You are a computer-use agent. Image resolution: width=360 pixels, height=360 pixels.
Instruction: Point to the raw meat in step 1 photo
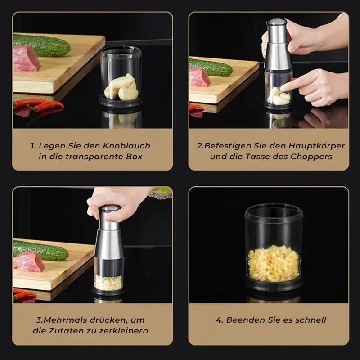point(26,59)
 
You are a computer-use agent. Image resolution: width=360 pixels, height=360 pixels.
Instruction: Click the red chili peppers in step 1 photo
point(38,107)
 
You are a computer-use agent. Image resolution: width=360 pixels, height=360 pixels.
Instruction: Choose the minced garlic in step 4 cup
point(273,263)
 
